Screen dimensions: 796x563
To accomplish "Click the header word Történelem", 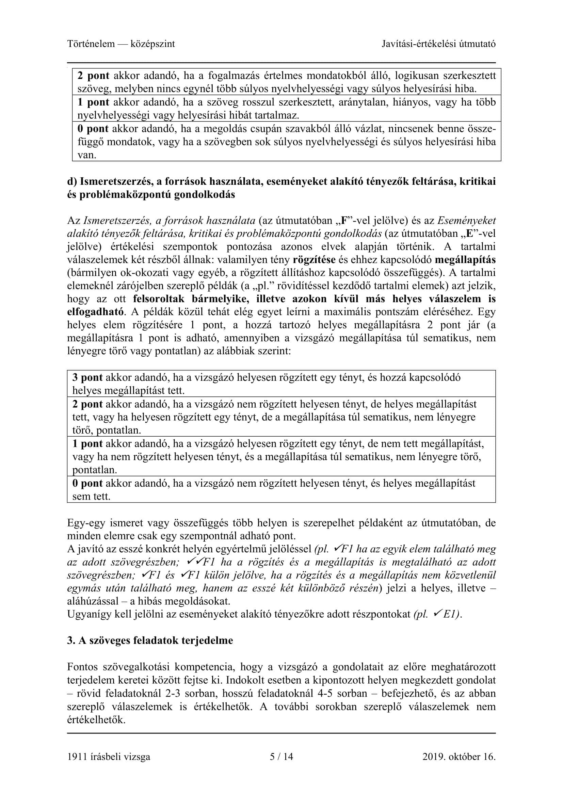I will pyautogui.click(x=91, y=44).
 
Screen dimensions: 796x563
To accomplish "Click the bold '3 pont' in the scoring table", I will pyautogui.click(x=87, y=377).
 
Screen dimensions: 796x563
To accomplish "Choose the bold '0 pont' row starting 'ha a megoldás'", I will pyautogui.click(x=93, y=129).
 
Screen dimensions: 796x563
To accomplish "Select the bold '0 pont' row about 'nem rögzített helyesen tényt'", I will pyautogui.click(x=87, y=483).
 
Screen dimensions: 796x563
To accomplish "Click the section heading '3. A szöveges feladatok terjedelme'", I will pyautogui.click(x=150, y=640).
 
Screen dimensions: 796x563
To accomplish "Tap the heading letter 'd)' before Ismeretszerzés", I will pyautogui.click(x=72, y=181).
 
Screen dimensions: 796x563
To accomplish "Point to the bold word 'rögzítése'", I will pyautogui.click(x=314, y=260).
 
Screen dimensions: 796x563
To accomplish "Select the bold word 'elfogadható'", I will pyautogui.click(x=95, y=312).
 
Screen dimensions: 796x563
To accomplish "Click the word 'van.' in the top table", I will pyautogui.click(x=87, y=155).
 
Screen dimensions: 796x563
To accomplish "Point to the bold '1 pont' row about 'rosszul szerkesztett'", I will pyautogui.click(x=93, y=102).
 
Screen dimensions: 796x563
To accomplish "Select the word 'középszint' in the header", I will pyautogui.click(x=152, y=44).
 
